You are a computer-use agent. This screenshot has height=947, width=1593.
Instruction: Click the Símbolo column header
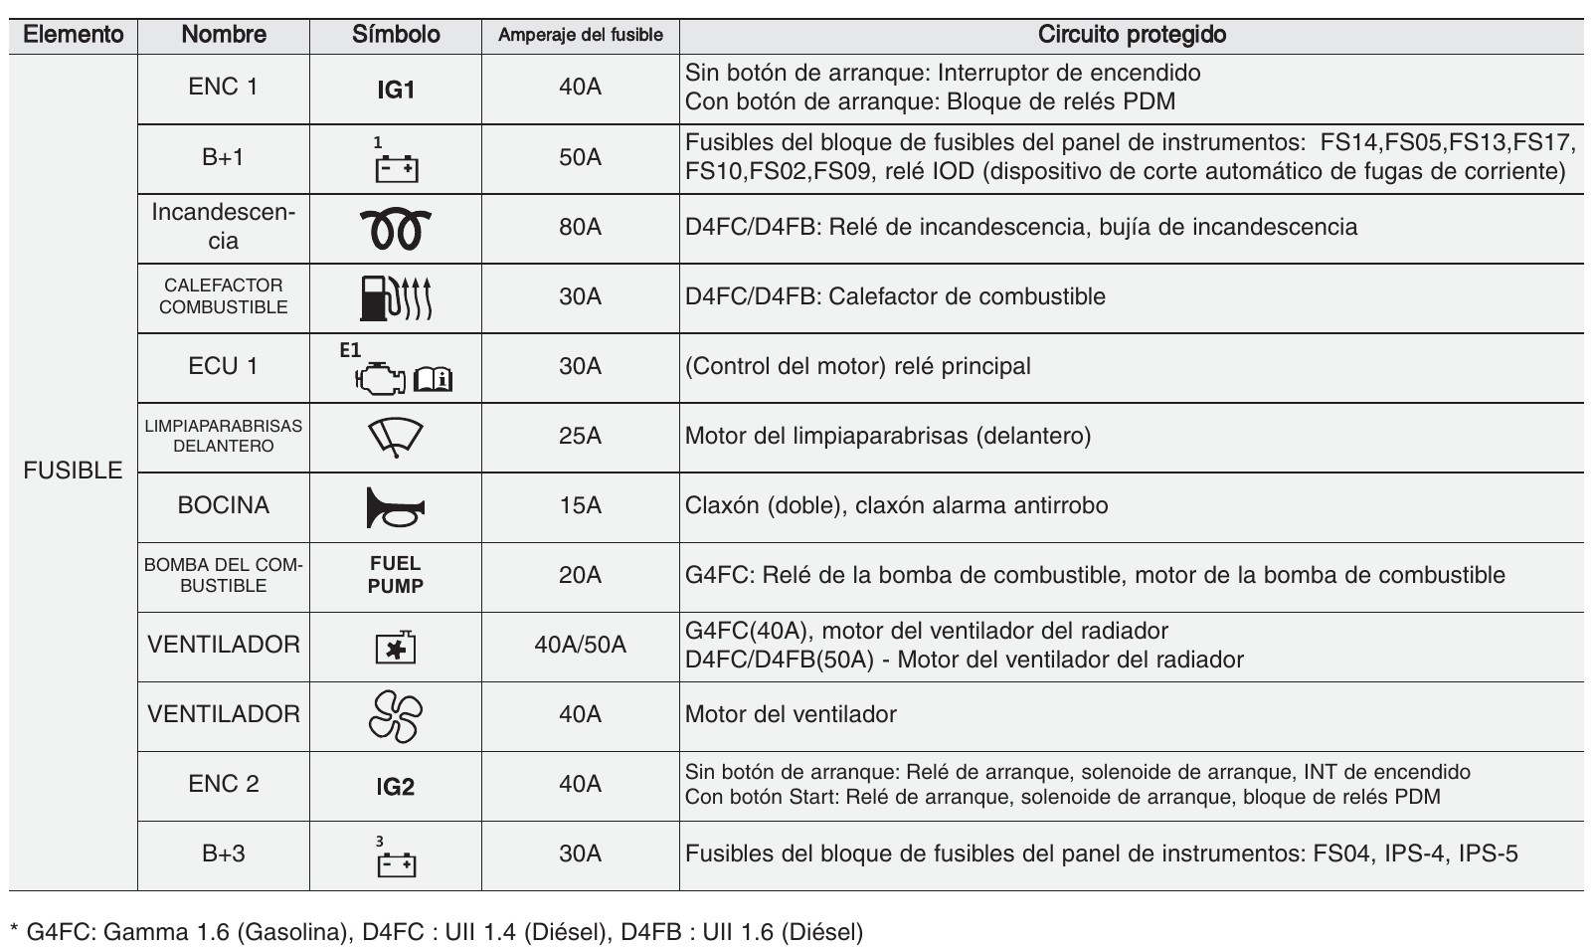395,35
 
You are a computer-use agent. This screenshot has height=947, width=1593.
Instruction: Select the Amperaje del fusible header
580,36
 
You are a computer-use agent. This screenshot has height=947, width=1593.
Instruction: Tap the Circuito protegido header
1132,35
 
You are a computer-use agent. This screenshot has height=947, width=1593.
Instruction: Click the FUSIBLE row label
73,471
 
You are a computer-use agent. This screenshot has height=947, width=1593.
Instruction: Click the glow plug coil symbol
395,229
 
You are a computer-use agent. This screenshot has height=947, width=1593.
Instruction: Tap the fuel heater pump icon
395,297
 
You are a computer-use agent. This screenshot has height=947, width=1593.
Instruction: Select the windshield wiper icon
395,437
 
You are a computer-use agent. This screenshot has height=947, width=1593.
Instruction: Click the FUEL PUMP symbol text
395,575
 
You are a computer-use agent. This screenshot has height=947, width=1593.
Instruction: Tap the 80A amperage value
580,227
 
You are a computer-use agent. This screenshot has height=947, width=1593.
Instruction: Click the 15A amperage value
580,505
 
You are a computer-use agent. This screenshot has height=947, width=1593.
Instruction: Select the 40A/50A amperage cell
580,645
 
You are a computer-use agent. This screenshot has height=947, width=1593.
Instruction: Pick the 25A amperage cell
580,436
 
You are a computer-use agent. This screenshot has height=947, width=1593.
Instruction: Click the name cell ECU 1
223,366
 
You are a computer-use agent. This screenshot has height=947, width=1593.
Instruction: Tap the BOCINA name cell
223,505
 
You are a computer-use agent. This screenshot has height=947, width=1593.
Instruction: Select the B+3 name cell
223,853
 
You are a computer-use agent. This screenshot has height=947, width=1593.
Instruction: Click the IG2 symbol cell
395,787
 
